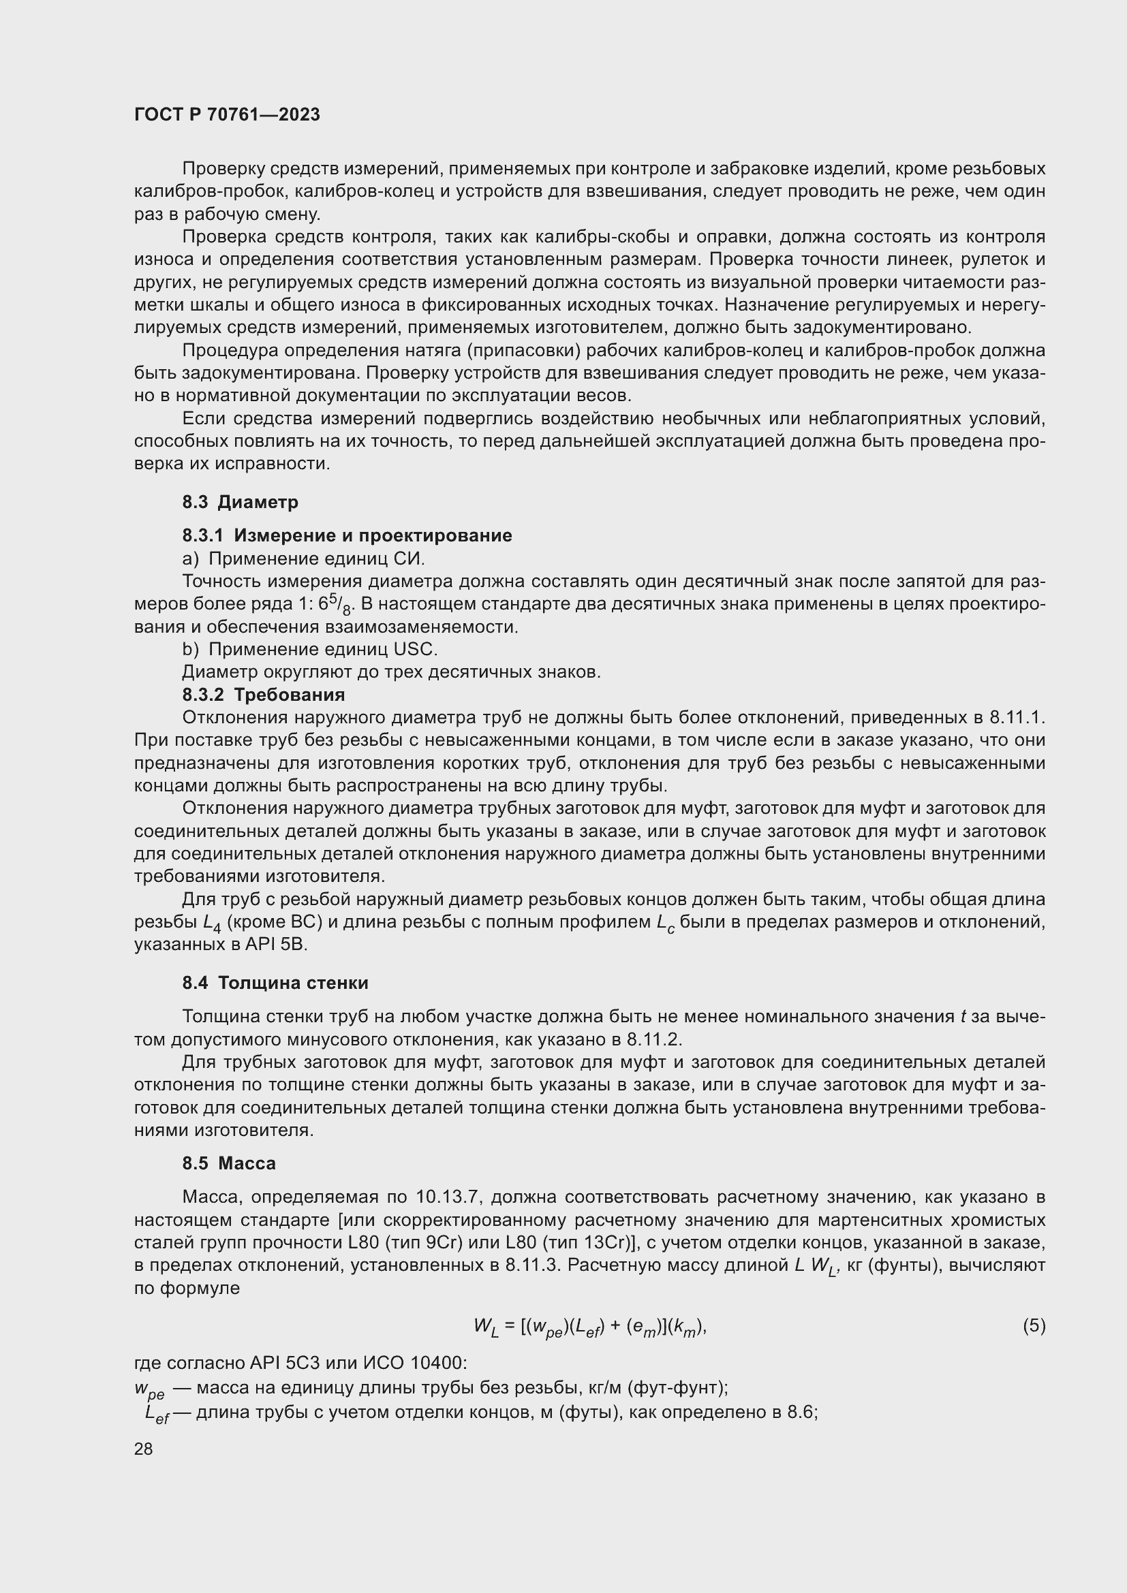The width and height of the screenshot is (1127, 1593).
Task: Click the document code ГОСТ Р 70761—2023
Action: [x=227, y=114]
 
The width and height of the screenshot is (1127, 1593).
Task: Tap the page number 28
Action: [x=143, y=1449]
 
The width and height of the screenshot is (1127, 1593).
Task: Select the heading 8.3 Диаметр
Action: [x=240, y=502]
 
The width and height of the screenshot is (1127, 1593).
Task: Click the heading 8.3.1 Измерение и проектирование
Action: [x=347, y=535]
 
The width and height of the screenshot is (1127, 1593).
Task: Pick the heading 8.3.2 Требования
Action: [x=264, y=695]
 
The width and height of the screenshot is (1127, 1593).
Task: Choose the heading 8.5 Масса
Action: [x=229, y=1163]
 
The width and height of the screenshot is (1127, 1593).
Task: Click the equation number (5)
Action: [x=1034, y=1326]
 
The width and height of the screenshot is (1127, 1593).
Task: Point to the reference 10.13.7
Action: [x=448, y=1197]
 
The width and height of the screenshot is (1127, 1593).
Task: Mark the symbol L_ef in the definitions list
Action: [x=157, y=1414]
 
